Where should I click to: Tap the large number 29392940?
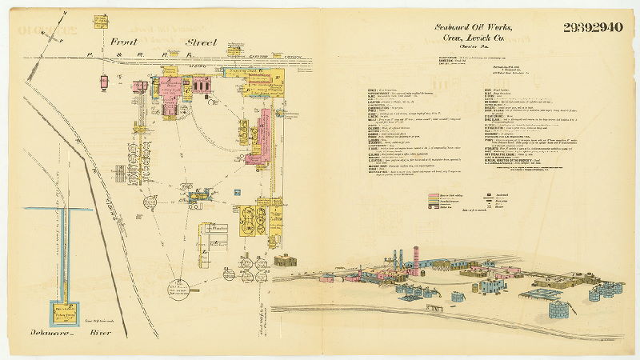(593, 28)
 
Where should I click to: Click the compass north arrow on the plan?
(104, 81)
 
